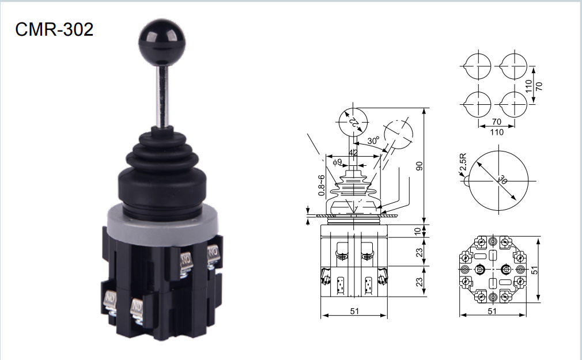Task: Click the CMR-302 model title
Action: (x=54, y=29)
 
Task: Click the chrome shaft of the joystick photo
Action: (x=162, y=96)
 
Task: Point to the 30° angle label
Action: (x=373, y=141)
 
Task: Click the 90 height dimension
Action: (x=420, y=166)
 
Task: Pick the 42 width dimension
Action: (x=353, y=153)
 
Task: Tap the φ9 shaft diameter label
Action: (x=337, y=162)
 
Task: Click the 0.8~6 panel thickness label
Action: (x=322, y=185)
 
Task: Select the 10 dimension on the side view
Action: (x=418, y=231)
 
